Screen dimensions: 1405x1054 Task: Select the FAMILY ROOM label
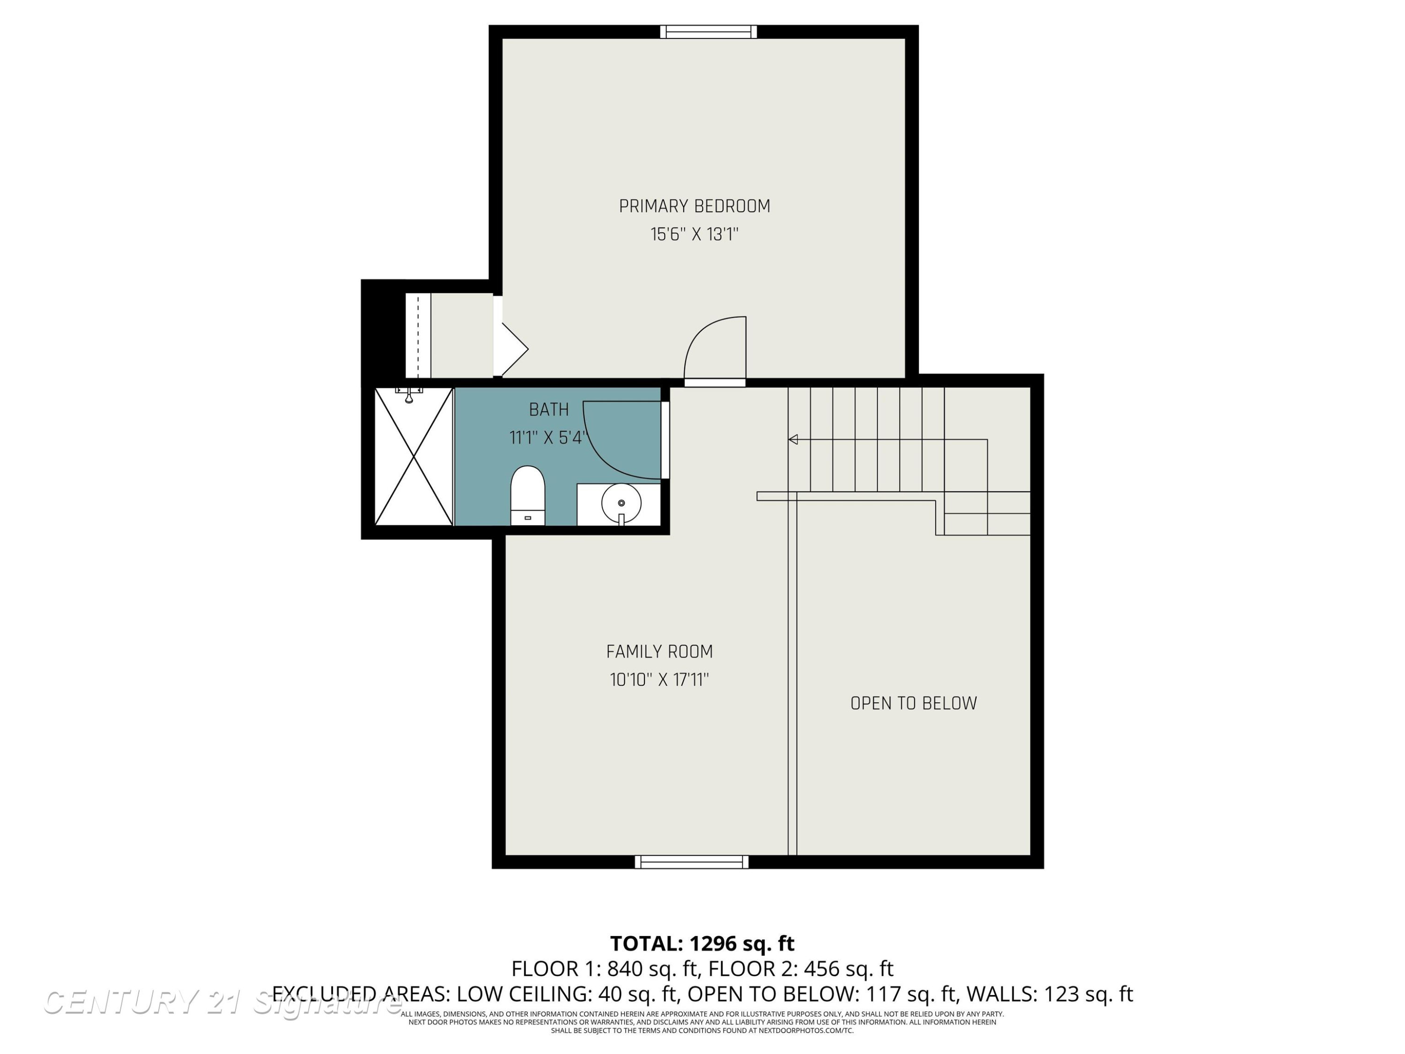point(659,652)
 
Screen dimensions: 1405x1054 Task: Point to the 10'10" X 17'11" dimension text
point(659,680)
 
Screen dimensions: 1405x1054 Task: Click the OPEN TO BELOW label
point(913,703)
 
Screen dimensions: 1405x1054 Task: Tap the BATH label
point(549,410)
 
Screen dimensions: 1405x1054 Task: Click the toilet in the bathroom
point(528,496)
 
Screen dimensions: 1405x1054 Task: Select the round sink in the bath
point(621,504)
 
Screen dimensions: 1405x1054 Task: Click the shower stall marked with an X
point(414,457)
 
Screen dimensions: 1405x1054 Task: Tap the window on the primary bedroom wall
point(708,32)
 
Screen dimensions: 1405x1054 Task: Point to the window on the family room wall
point(692,862)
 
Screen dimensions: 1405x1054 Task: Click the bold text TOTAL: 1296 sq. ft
point(702,943)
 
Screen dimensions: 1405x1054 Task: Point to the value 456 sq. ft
point(849,969)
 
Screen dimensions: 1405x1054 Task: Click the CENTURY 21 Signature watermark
point(222,1002)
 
